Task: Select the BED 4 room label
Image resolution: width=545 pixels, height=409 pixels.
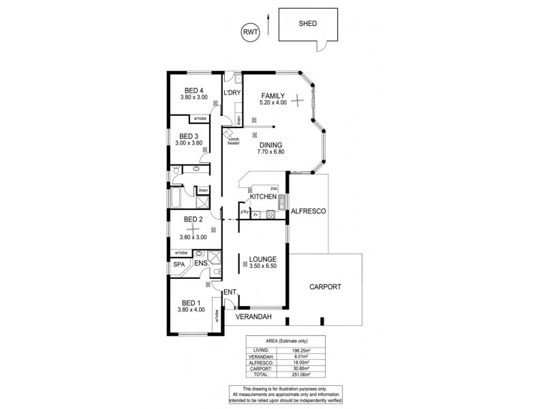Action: point(194,90)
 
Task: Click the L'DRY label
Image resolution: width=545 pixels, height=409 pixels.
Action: point(233,92)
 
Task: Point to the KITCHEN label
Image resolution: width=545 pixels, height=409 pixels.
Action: point(263,197)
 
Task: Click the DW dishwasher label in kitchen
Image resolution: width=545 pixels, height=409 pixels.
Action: point(273,188)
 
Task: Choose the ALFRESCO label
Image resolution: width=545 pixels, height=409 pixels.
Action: point(310,212)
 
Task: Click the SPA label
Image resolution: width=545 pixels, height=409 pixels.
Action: point(178,264)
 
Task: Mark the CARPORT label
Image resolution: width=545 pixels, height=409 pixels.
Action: point(324,287)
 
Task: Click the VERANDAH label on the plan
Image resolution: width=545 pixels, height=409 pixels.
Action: point(253,317)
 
